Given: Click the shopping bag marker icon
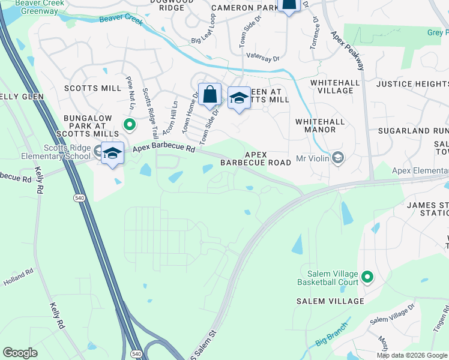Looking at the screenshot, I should point(209,94).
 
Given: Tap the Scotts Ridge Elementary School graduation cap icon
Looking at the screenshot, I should point(112,153).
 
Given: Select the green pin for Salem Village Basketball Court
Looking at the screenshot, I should point(367,277).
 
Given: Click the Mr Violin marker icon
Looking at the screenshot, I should point(337,158).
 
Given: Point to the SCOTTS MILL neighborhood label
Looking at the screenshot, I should point(97,88).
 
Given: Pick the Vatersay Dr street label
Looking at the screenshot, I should point(263,58).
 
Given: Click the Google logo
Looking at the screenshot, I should point(20,352).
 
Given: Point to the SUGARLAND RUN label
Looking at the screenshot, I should point(413,130).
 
